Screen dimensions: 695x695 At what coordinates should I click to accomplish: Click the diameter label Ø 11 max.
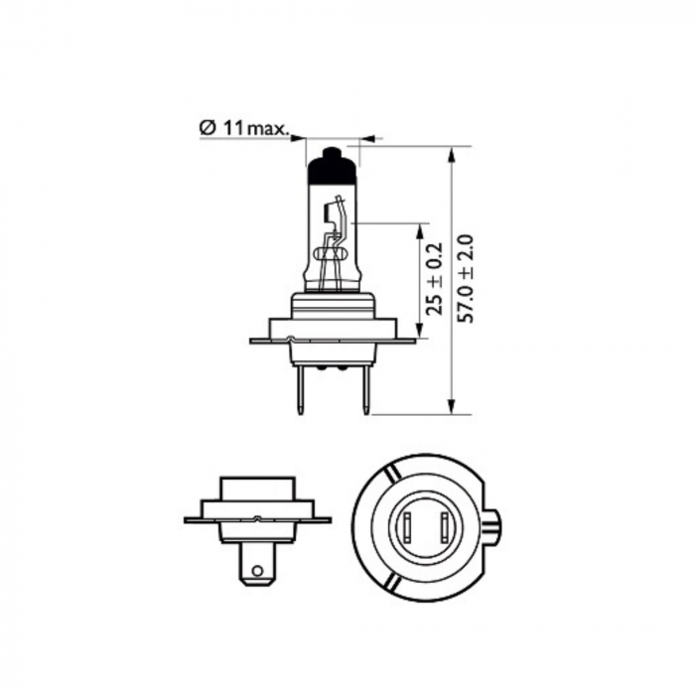[243, 128]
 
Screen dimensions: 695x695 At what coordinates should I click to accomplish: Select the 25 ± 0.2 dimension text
[432, 279]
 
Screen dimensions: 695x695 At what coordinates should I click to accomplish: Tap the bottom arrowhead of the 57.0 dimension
[454, 406]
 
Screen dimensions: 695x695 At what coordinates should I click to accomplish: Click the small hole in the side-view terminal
[258, 571]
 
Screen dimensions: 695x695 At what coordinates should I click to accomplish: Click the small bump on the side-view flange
[258, 518]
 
